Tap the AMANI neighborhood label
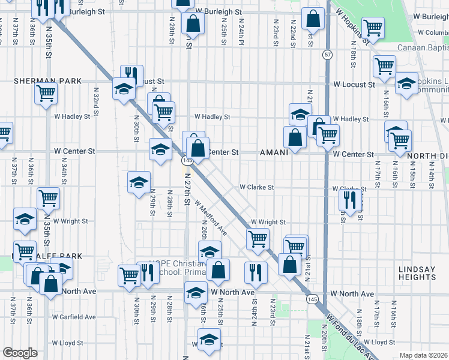tap(274, 152)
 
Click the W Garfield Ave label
tap(74, 317)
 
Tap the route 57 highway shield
tap(327, 55)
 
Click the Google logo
tap(20, 353)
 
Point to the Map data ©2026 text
tap(423, 355)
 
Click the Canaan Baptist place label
tap(423, 47)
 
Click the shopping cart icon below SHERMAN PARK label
tap(46, 93)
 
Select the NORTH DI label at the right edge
tap(428, 155)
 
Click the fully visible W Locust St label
tap(354, 85)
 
